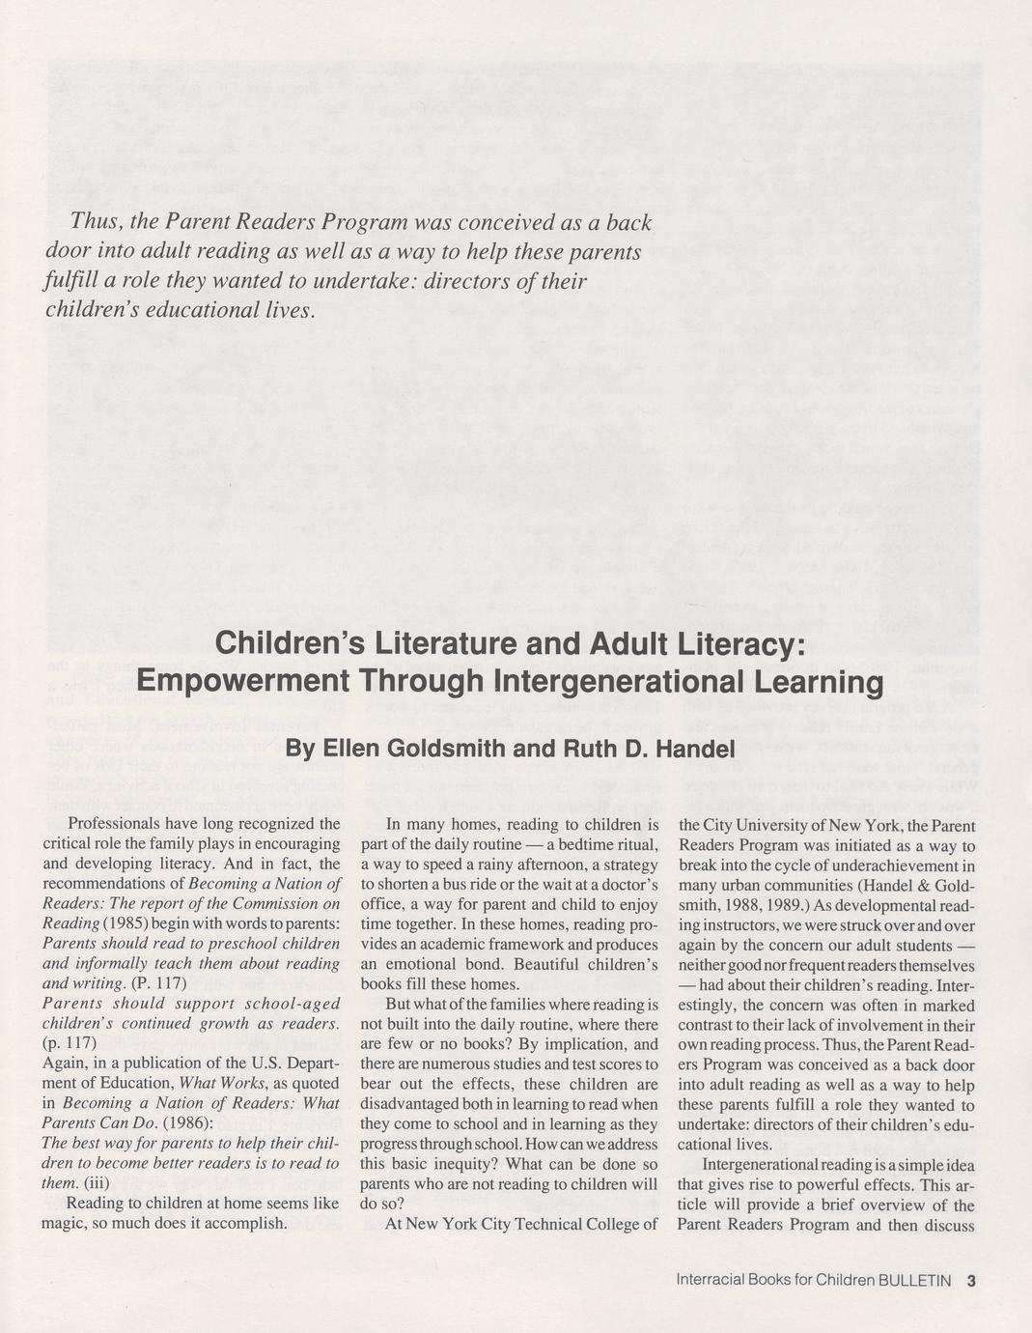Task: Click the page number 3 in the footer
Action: tap(971, 1281)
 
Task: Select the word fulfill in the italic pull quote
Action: tap(72, 282)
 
